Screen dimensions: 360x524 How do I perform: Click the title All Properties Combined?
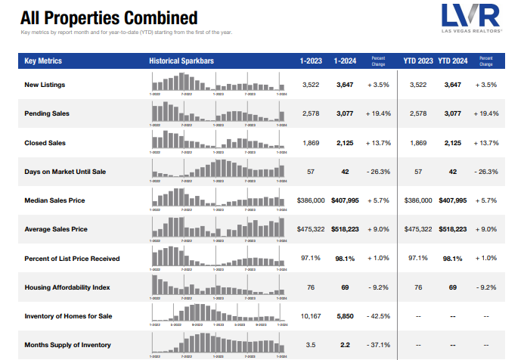click(x=109, y=17)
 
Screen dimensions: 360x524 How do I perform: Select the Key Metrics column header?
click(x=43, y=61)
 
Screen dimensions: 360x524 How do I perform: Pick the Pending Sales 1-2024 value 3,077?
click(x=345, y=113)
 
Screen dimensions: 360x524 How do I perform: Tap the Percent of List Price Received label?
click(x=72, y=258)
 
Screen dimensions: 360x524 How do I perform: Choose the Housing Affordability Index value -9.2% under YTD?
click(x=486, y=287)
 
